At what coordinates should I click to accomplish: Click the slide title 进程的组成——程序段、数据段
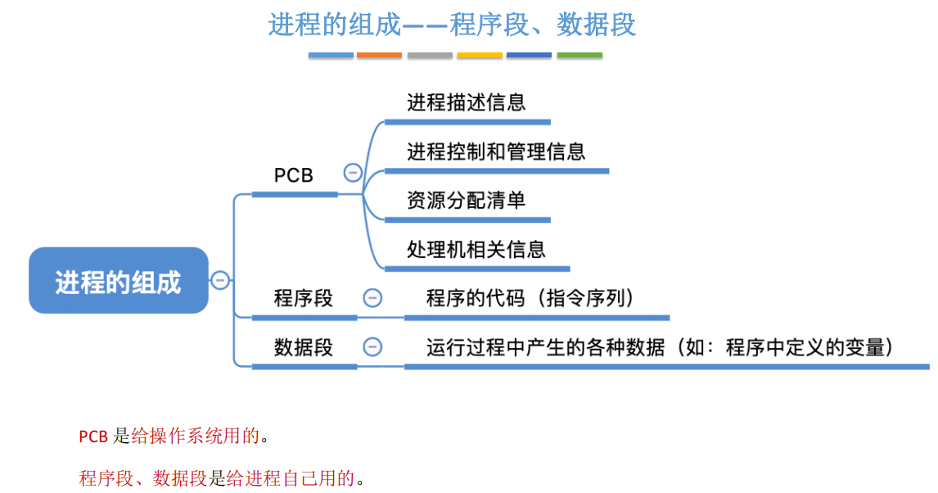452,25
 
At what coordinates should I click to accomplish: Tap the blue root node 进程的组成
118,281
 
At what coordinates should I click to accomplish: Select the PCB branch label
294,175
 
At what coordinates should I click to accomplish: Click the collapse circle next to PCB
353,173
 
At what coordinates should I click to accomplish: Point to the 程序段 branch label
304,298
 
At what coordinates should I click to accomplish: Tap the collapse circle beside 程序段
372,298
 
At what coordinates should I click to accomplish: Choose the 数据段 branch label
304,347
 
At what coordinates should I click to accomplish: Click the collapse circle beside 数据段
372,347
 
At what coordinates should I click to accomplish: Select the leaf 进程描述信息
467,102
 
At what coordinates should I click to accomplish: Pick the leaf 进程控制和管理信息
496,152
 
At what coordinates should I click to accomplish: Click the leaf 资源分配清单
467,201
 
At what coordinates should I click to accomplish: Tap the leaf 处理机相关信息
476,249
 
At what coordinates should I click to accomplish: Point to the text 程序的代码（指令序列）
530,298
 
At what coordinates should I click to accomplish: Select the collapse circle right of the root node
220,281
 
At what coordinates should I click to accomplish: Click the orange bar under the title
380,55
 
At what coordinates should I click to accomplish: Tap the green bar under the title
579,55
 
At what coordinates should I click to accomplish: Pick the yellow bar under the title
480,55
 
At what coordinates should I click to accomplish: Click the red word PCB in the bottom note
93,436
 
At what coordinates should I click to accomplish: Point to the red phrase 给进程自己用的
291,478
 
